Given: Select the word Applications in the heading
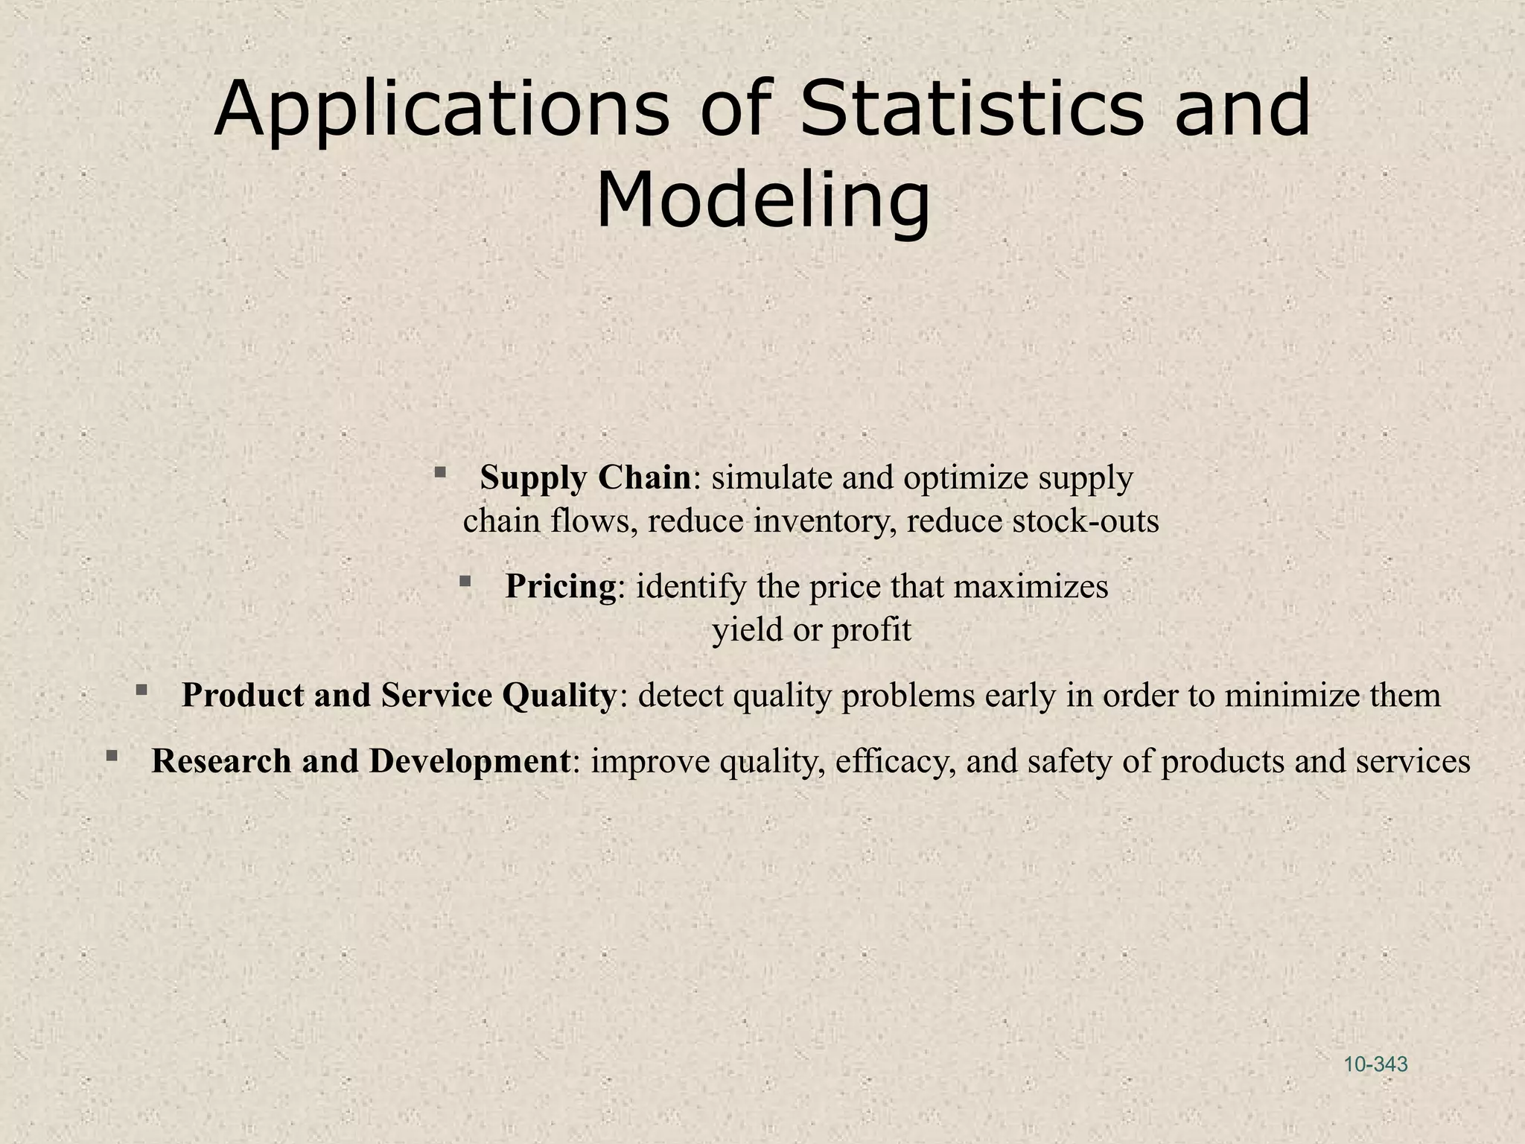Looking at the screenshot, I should coord(442,109).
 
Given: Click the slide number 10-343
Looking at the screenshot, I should coord(1375,1064).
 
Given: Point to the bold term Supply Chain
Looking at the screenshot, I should coord(585,477).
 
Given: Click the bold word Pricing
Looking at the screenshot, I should coord(561,586).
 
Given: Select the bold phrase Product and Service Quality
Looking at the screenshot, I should coord(398,695).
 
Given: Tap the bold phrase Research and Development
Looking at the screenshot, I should coord(361,760).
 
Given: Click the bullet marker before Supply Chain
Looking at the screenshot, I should coord(440,472).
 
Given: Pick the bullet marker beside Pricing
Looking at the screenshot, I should coord(465,581).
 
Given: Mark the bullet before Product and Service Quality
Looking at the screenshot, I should coord(141,690).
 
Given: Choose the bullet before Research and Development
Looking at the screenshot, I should coord(112,756).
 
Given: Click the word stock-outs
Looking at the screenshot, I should coord(1086,521).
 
